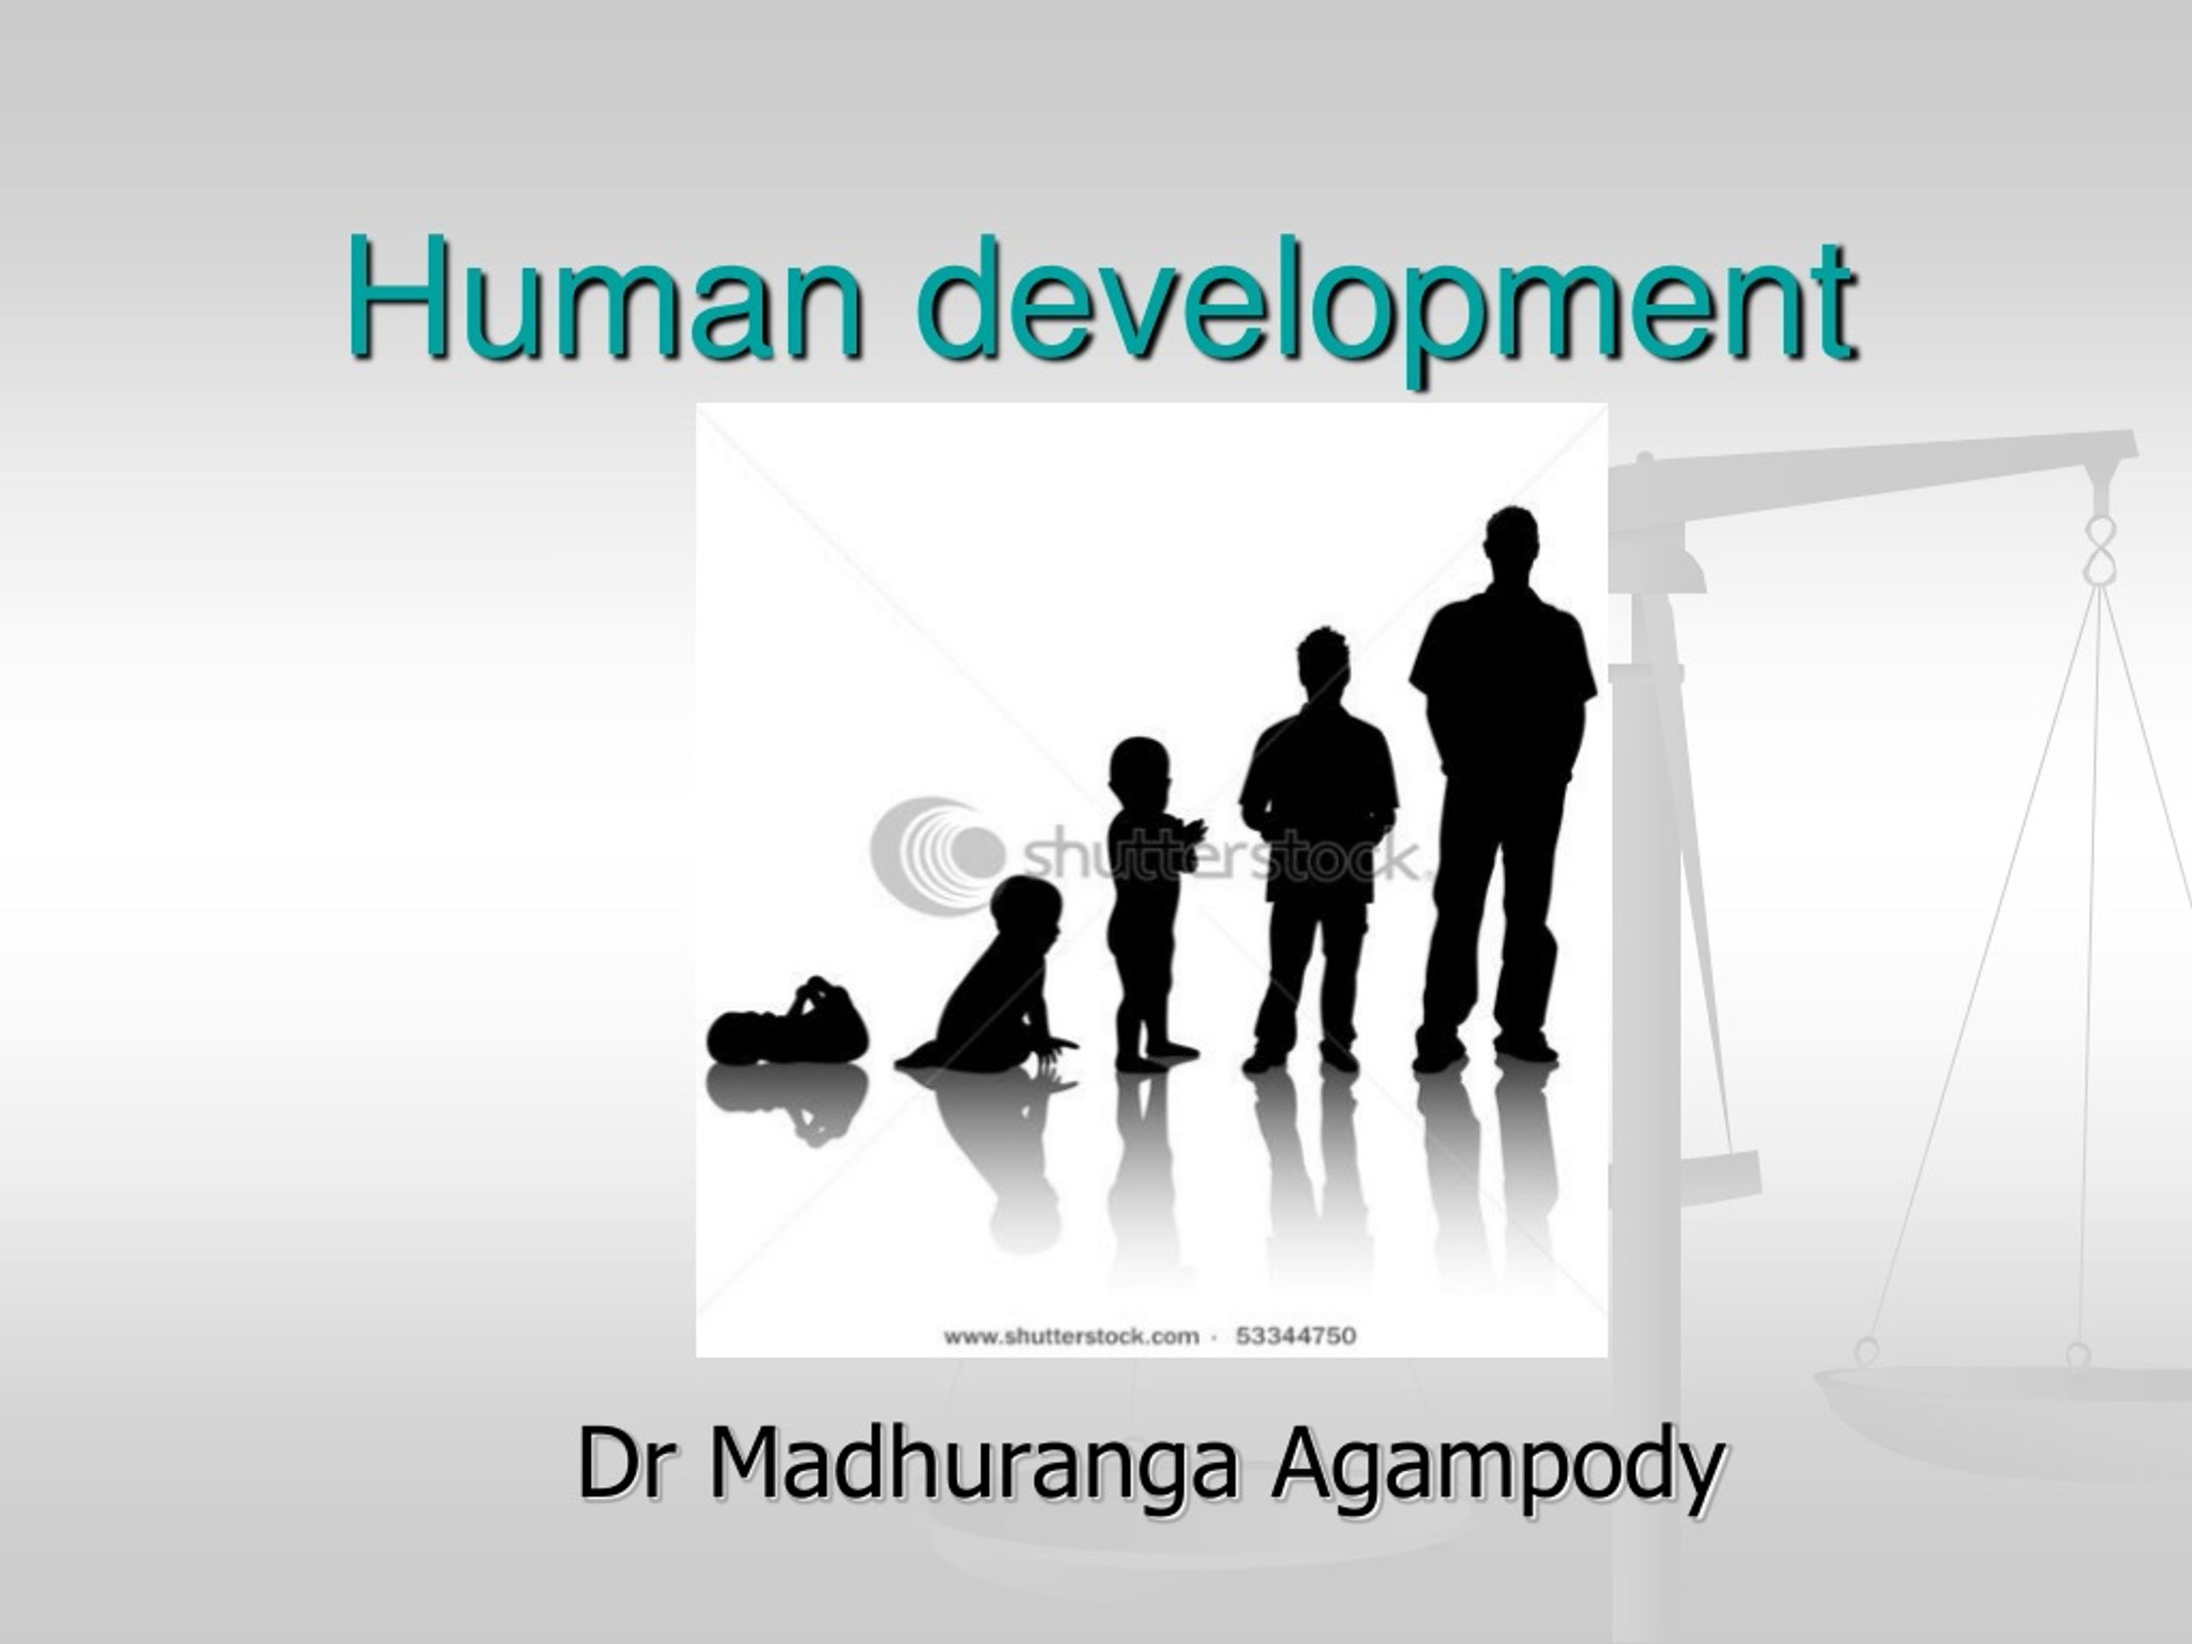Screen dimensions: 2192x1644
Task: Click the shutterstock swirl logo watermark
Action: [x=938, y=848]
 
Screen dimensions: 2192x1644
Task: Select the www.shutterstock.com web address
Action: [x=1071, y=1337]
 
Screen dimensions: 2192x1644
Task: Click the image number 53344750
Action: [x=1296, y=1336]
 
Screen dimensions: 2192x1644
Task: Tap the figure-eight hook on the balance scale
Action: [x=2099, y=549]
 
